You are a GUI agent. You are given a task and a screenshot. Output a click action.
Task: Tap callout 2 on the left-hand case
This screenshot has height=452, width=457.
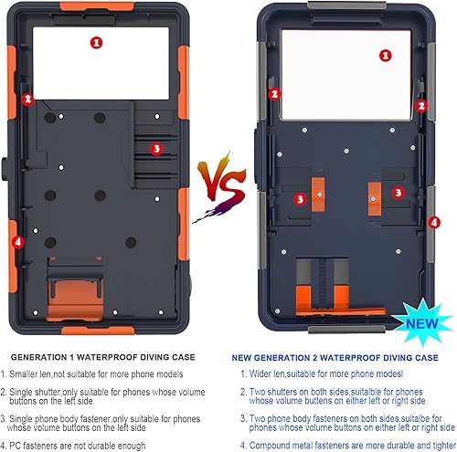point(27,100)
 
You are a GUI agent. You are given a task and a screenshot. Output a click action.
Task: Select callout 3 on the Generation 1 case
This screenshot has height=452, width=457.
point(155,148)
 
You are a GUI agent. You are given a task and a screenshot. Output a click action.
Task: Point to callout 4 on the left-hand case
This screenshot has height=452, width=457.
point(16,242)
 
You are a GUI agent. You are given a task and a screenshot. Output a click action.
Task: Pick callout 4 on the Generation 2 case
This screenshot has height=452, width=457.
point(434,222)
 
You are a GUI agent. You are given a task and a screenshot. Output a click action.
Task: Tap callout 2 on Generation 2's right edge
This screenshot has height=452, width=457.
point(423,106)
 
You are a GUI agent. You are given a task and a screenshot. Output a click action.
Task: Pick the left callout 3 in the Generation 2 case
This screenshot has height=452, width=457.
point(300,198)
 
